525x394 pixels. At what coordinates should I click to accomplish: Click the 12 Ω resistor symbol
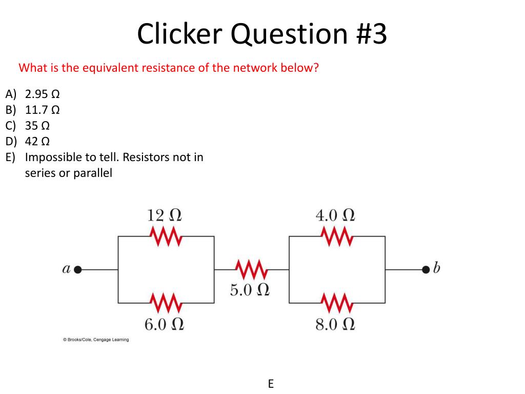166,237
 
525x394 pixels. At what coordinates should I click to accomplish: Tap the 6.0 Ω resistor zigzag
166,303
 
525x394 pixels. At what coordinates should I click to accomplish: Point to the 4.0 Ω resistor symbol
337,237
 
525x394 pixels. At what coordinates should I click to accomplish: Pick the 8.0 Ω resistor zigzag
337,303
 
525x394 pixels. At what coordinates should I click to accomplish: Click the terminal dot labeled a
78,269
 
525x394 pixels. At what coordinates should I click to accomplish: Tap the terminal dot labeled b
425,269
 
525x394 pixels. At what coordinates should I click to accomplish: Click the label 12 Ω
165,215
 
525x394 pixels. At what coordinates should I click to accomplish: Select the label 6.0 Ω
164,324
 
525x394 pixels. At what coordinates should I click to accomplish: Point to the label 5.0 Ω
250,290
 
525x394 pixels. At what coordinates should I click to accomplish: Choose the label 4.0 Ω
335,215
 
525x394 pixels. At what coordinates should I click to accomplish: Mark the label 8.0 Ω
335,324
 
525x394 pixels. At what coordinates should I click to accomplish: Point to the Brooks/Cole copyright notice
96,340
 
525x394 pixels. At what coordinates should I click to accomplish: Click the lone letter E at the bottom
271,384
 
